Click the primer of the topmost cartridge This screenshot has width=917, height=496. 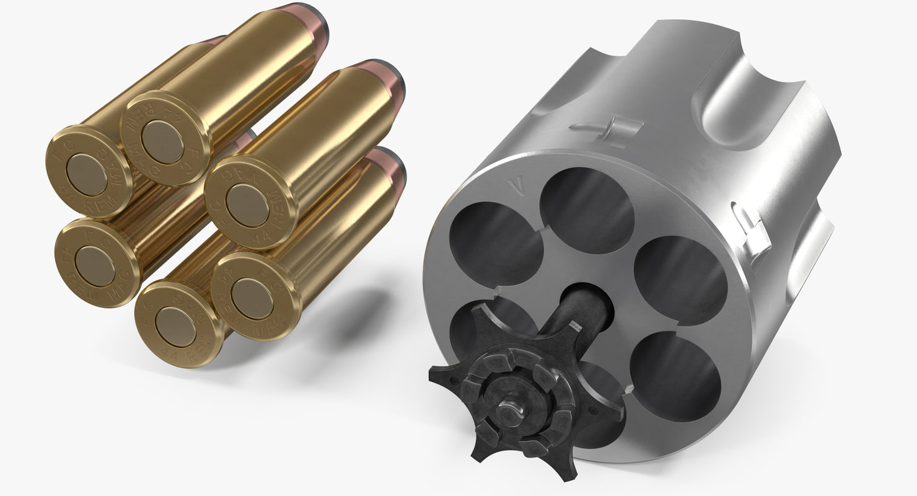point(162,142)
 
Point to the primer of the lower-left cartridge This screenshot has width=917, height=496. point(95,266)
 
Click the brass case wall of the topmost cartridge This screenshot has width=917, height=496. point(248,68)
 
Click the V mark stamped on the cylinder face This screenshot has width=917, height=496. point(512,184)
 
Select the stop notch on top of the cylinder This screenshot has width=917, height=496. point(604,127)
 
